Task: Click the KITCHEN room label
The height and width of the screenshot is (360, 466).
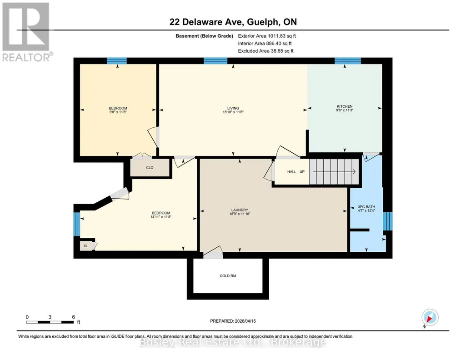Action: pyautogui.click(x=345, y=106)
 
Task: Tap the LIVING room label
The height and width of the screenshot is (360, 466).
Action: pyautogui.click(x=233, y=108)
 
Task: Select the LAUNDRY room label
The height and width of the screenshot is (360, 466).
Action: pyautogui.click(x=240, y=210)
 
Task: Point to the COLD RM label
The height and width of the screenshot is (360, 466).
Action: pyautogui.click(x=228, y=275)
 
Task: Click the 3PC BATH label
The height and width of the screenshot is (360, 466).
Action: pyautogui.click(x=366, y=207)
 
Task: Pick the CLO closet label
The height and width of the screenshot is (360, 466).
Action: pyautogui.click(x=150, y=168)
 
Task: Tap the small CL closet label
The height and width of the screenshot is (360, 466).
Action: pyautogui.click(x=86, y=246)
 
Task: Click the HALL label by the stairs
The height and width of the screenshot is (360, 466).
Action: pyautogui.click(x=291, y=172)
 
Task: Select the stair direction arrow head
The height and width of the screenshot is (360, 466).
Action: pyautogui.click(x=354, y=172)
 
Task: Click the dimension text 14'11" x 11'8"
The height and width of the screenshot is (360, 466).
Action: pyautogui.click(x=161, y=217)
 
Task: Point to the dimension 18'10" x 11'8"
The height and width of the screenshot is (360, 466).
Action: pyautogui.click(x=233, y=112)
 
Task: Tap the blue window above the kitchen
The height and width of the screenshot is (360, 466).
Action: pyautogui.click(x=348, y=61)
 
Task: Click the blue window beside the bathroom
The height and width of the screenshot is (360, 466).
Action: pyautogui.click(x=387, y=221)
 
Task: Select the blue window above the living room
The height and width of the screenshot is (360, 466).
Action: pyautogui.click(x=215, y=61)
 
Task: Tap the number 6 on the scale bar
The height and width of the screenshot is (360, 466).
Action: pyautogui.click(x=73, y=317)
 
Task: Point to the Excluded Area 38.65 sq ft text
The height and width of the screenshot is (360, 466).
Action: pyautogui.click(x=266, y=51)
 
